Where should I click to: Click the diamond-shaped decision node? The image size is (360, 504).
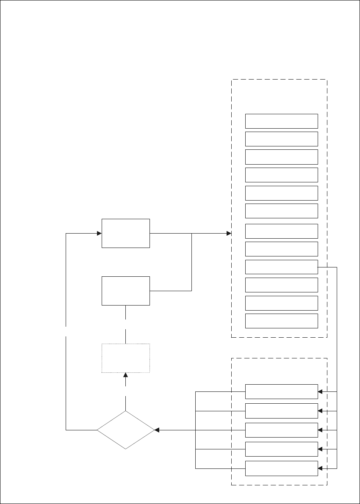click(x=125, y=430)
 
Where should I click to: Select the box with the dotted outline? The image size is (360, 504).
click(x=126, y=358)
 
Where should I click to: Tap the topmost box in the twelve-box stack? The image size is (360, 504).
click(x=282, y=121)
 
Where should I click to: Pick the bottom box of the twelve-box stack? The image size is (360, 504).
click(x=282, y=321)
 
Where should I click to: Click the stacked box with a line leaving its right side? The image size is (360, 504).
click(x=282, y=267)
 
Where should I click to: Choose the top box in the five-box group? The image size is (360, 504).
click(x=282, y=391)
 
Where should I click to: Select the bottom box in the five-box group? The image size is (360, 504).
click(x=282, y=468)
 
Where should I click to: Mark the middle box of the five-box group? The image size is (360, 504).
click(x=282, y=430)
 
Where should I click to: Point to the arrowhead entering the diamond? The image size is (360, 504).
click(x=157, y=430)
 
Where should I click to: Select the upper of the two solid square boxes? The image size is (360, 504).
click(x=126, y=233)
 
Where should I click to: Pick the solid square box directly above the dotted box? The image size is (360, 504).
click(x=126, y=291)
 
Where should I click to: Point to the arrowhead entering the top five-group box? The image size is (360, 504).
click(x=320, y=392)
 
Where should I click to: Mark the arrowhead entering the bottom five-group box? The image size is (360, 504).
click(x=320, y=468)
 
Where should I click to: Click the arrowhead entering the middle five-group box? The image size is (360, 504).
click(x=320, y=430)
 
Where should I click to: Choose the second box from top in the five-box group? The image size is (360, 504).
click(x=282, y=410)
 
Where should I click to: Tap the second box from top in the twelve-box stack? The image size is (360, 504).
click(x=282, y=139)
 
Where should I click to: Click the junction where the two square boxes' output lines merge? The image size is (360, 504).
click(x=192, y=233)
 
